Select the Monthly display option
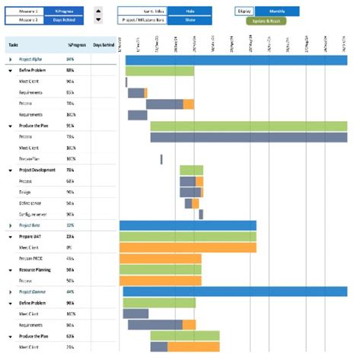(276, 11)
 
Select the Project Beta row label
(30, 225)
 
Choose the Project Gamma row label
(33, 292)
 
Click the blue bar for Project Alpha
(236, 59)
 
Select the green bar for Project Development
(191, 170)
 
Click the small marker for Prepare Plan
(161, 159)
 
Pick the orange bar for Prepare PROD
(160, 259)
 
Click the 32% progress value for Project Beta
(70, 225)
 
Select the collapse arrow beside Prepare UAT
(11, 237)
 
